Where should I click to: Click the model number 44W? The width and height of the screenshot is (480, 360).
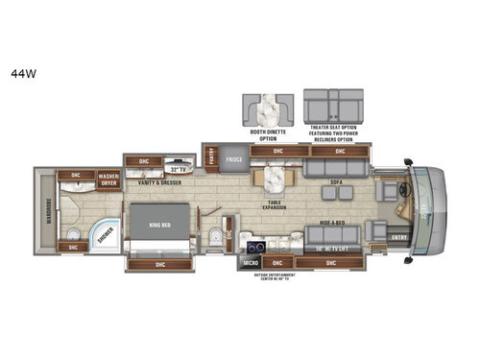pos(19,70)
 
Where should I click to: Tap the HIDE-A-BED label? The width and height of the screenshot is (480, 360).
pos(332,220)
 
